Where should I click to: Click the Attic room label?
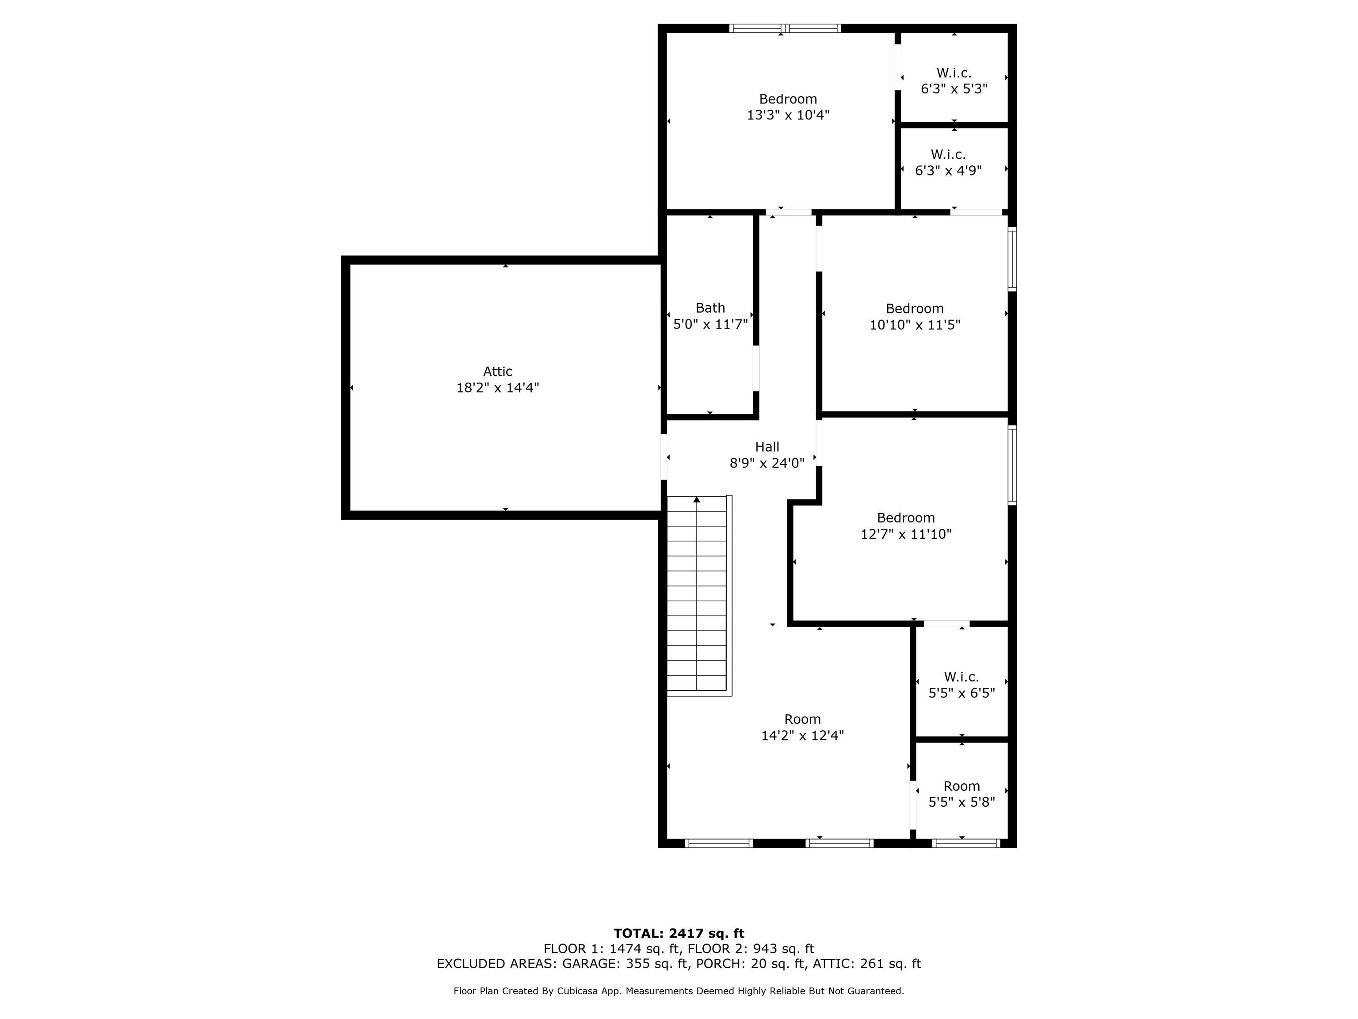click(497, 372)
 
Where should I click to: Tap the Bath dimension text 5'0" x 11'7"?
click(710, 324)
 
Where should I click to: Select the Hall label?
click(767, 447)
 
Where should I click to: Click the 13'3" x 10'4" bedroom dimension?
click(788, 115)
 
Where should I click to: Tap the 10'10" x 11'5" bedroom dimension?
click(915, 325)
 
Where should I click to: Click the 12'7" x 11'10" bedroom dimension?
click(906, 534)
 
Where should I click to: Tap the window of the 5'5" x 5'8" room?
click(966, 843)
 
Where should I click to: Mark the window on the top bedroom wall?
click(785, 28)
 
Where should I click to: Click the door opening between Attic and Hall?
click(664, 457)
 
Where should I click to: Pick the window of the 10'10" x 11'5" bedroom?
click(1012, 259)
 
